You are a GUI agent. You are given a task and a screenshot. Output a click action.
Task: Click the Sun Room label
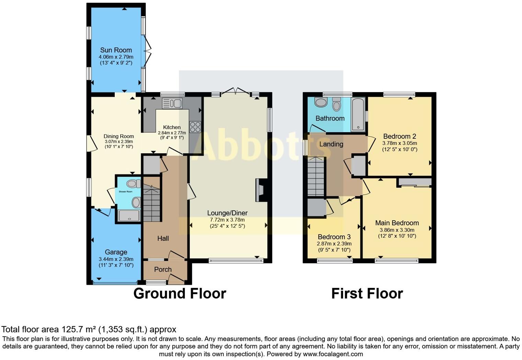(116, 50)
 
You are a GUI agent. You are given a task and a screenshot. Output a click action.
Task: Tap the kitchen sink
(172, 103)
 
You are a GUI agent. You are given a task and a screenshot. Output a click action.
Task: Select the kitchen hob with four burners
(195, 127)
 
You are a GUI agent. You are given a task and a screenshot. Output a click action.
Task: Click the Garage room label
(116, 252)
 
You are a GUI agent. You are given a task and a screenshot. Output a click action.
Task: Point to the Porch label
(163, 270)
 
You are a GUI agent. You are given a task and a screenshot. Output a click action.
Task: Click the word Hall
(163, 238)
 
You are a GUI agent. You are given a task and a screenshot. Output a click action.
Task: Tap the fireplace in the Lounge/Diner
(259, 190)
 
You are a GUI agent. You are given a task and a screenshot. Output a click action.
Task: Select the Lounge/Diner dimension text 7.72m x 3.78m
(227, 220)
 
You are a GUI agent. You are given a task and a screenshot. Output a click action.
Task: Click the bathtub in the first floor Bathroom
(358, 115)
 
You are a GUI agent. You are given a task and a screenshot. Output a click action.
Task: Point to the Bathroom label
(330, 119)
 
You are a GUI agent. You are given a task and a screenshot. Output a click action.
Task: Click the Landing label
(331, 144)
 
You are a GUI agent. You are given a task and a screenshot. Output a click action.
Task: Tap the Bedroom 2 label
(399, 136)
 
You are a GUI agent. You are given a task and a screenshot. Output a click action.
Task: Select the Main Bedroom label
(397, 223)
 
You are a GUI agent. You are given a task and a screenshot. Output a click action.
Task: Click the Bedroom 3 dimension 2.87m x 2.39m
(334, 244)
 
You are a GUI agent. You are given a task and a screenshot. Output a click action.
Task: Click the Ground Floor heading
(180, 294)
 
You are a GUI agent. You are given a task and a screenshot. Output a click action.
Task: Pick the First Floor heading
(367, 294)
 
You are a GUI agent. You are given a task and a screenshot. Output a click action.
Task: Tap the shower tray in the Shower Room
(129, 215)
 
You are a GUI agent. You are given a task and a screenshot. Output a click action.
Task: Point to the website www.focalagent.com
(333, 354)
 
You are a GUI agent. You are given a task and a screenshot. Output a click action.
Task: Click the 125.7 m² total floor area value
(79, 329)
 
